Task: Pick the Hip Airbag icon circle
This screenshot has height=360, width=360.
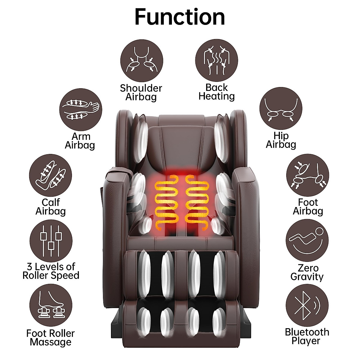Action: point(281,109)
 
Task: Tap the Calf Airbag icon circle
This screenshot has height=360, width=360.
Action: point(50,175)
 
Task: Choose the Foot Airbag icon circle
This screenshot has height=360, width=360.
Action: point(307,175)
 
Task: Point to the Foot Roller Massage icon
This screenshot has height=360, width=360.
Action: point(51,305)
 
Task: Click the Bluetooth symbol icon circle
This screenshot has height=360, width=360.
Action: point(307,305)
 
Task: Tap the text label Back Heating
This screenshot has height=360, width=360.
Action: point(216,92)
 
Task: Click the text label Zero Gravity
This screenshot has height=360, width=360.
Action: point(307,272)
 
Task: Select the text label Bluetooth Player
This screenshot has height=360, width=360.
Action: point(307,336)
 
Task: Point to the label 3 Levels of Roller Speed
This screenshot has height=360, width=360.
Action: point(51,271)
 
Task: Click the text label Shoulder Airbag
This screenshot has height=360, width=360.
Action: point(141,92)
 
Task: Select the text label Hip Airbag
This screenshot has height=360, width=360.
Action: point(281,140)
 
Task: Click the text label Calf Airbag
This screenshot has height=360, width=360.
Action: point(50,207)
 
